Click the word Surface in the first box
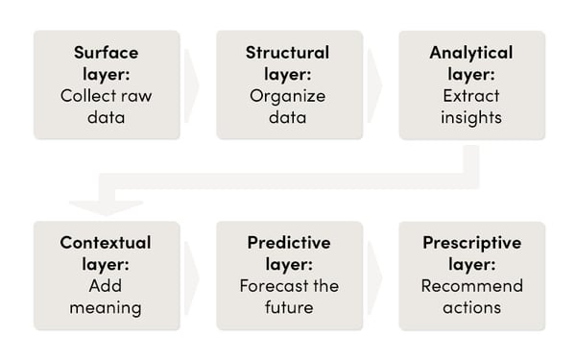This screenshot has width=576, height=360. tap(107, 53)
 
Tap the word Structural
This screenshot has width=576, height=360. tap(288, 53)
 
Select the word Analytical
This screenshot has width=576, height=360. tap(471, 53)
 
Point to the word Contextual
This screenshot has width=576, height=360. tap(107, 244)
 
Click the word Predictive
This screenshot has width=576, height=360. tap(288, 244)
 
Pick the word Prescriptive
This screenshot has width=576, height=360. tap(471, 244)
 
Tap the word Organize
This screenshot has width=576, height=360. tap(288, 96)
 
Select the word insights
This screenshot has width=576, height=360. tap(471, 117)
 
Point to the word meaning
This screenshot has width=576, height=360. tap(107, 309)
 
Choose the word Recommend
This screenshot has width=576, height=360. tap(471, 287)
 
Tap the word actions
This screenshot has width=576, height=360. tap(471, 309)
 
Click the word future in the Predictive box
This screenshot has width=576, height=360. tap(288, 309)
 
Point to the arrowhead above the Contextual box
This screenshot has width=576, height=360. tap(107, 204)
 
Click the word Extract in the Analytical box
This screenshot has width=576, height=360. tap(471, 96)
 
